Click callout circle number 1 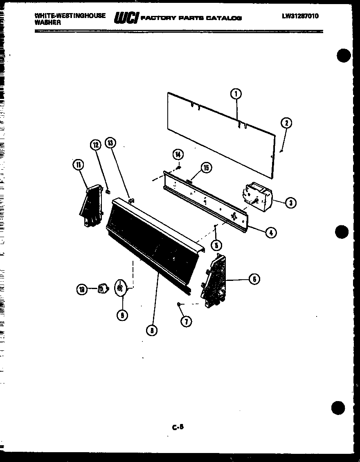coord(236,94)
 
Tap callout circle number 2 coord(286,123)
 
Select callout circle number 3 coord(290,202)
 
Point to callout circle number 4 coord(270,233)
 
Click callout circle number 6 coord(254,279)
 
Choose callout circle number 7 coord(186,321)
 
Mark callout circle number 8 coord(152,331)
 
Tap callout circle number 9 coord(122,315)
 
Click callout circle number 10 coord(82,290)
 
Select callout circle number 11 coord(78,165)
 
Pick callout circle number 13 coord(110,143)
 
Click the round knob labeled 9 coord(120,287)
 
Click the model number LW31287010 coord(300,16)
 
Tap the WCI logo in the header coord(126,18)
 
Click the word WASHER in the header coord(48,23)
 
